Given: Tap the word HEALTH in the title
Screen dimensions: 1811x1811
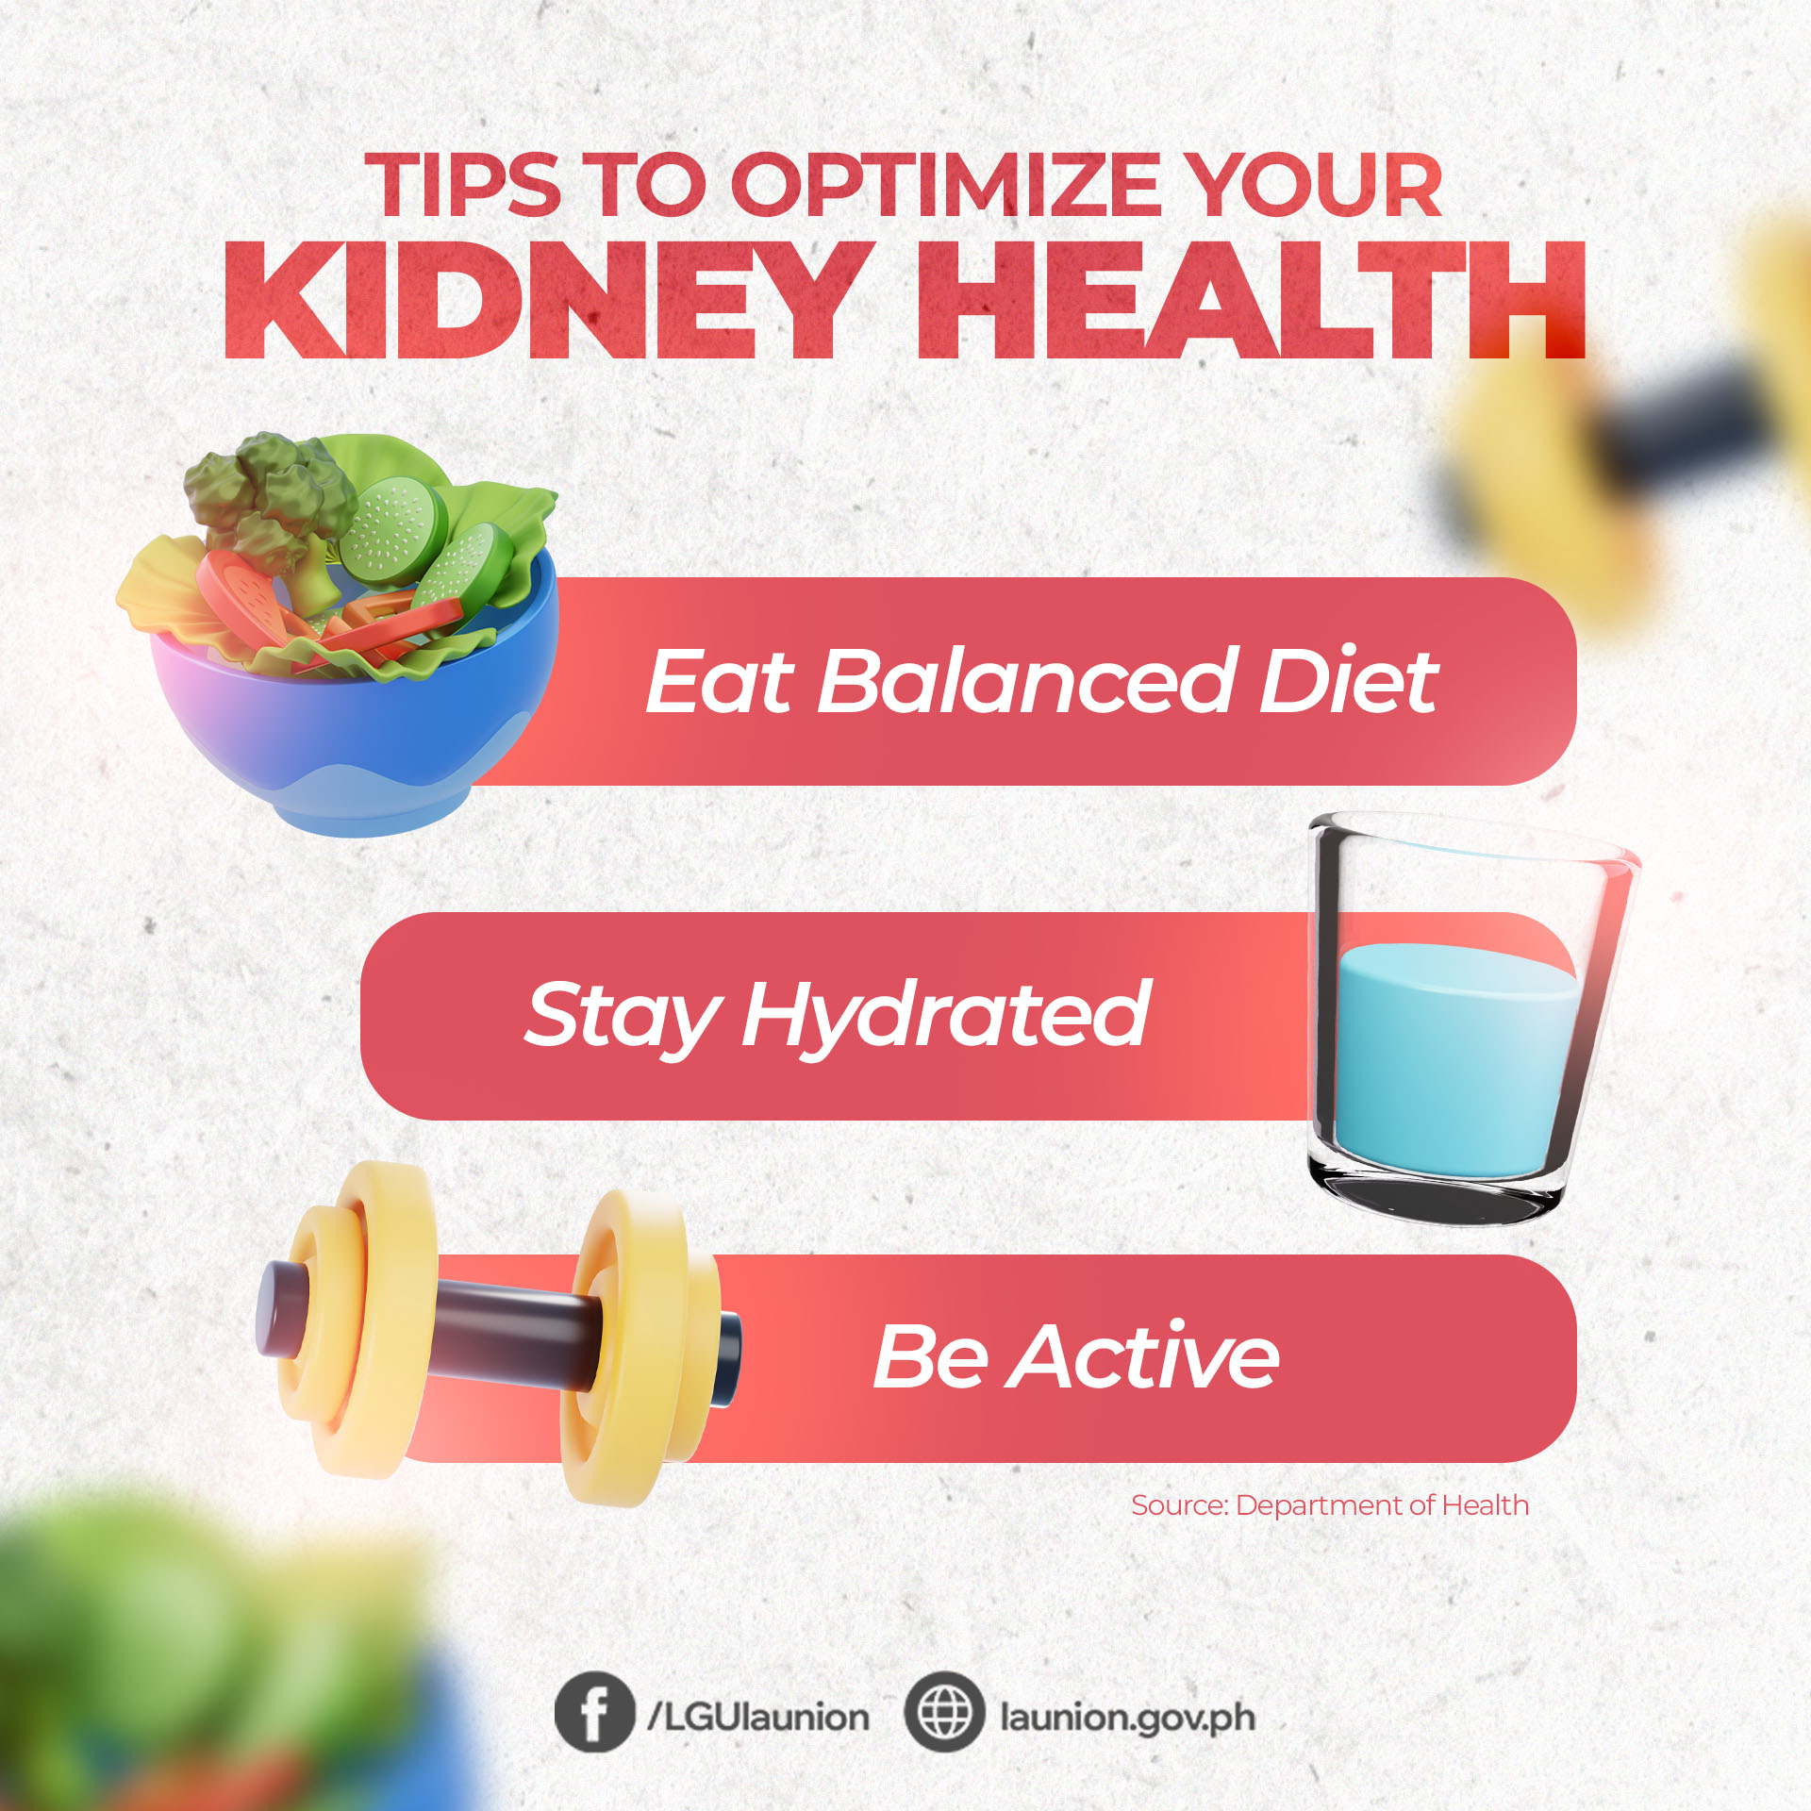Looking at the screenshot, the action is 1252,300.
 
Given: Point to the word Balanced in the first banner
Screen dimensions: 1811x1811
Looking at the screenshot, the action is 1027,680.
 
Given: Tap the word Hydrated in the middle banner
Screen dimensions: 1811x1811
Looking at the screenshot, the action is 946,1015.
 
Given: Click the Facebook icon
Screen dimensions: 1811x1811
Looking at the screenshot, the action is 594,1712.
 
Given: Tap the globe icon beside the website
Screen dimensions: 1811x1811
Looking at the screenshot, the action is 944,1712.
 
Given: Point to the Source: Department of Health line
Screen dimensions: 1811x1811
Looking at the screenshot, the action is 1330,1505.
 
